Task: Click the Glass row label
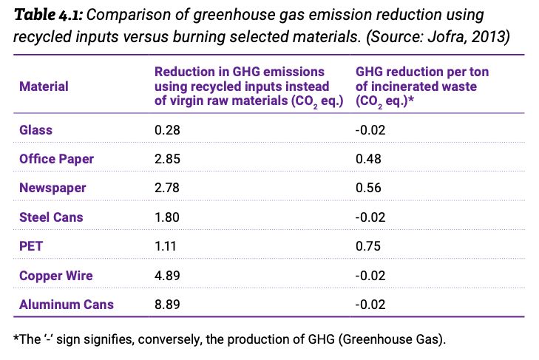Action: (35, 130)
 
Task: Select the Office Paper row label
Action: (56, 159)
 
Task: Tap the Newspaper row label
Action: (53, 189)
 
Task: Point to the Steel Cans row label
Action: (51, 217)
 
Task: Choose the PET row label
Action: (30, 246)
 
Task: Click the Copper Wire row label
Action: (56, 276)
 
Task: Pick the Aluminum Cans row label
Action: (66, 304)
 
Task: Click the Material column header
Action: (44, 86)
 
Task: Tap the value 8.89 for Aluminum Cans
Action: (166, 304)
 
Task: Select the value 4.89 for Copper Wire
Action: (166, 276)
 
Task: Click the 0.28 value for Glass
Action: (166, 130)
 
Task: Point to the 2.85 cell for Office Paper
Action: (166, 159)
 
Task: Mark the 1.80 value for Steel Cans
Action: (166, 217)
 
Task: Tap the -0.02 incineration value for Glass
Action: (370, 130)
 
